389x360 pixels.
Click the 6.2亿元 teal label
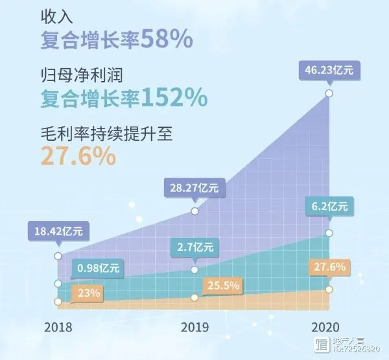pyautogui.click(x=329, y=207)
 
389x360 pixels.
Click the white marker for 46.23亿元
pyautogui.click(x=329, y=93)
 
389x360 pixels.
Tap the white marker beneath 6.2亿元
pyautogui.click(x=329, y=232)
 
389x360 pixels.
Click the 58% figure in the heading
pyautogui.click(x=167, y=40)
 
